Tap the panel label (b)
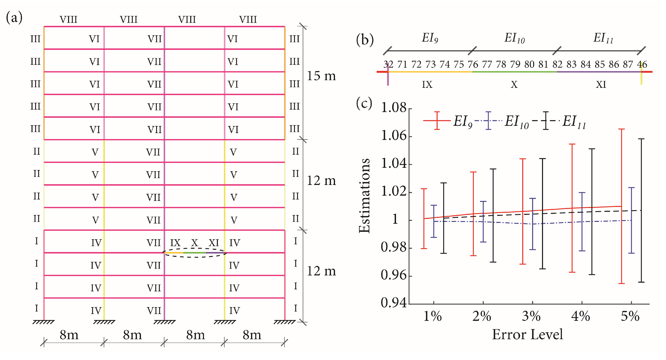tap(365, 40)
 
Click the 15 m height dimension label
tap(321, 76)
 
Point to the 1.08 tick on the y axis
tap(394, 107)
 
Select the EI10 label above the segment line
tap(515, 38)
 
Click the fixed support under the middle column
tap(164, 322)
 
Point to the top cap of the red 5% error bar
tap(622, 129)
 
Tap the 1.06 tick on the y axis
tap(394, 136)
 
